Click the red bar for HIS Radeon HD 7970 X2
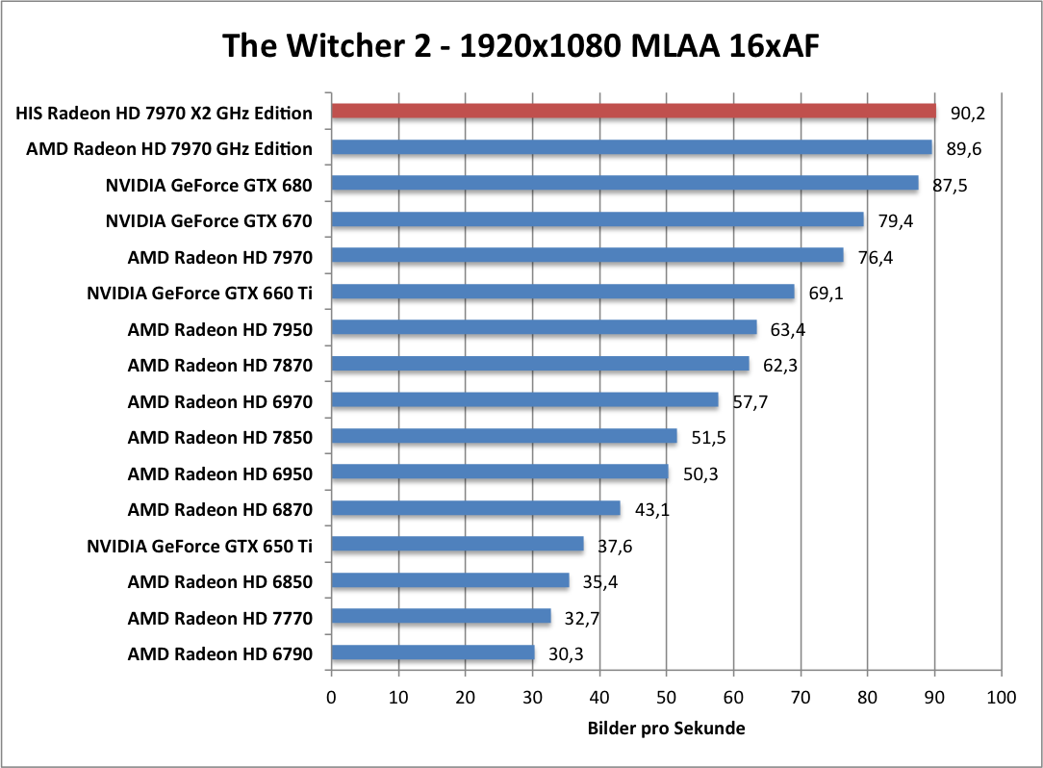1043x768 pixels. (x=633, y=112)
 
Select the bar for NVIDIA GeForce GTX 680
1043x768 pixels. (x=624, y=184)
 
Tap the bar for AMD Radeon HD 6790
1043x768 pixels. (x=433, y=653)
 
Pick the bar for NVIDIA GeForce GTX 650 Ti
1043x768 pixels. (x=457, y=545)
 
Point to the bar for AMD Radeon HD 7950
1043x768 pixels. (x=544, y=328)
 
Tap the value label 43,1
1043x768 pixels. (x=651, y=509)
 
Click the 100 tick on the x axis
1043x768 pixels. (x=1001, y=697)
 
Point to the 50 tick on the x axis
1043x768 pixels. (x=666, y=697)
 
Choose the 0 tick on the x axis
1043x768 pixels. (x=332, y=697)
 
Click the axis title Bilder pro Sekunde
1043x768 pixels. (x=666, y=729)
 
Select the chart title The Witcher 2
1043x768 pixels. (x=521, y=44)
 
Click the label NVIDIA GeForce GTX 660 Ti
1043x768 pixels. (x=199, y=293)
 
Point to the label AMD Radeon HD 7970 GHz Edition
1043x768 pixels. (x=169, y=148)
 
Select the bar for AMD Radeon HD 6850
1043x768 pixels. (x=450, y=581)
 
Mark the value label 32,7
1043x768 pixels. (x=582, y=619)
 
